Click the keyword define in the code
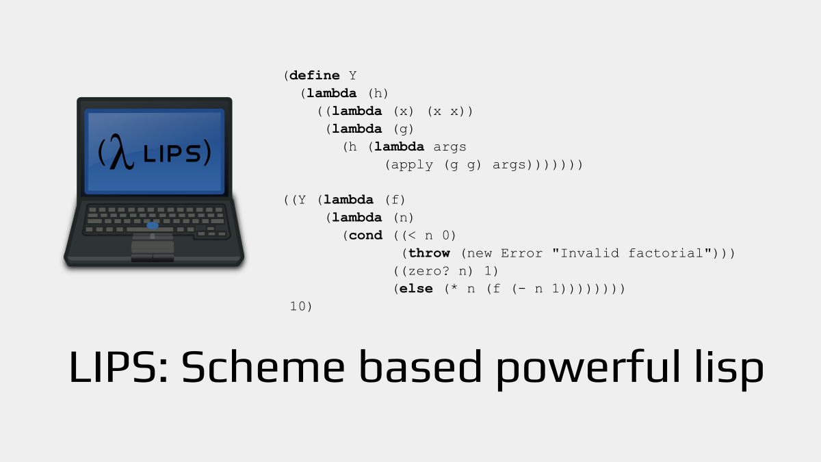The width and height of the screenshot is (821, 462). pos(315,75)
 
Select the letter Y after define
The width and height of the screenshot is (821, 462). pos(352,75)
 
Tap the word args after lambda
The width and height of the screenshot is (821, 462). pos(449,147)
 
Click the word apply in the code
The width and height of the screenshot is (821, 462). pos(412,165)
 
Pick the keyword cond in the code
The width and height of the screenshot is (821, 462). pos(365,235)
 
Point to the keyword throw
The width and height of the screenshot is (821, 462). pos(429,253)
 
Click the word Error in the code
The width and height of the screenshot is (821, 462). pos(521,253)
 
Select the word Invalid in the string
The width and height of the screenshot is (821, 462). pos(590,253)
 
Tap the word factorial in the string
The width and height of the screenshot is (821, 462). pos(666,253)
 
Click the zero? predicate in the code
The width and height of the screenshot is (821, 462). pos(428,271)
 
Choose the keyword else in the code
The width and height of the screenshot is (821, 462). pos(416,289)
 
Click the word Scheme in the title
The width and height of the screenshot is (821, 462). pos(263,366)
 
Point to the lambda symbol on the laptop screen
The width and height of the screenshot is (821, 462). pos(121,152)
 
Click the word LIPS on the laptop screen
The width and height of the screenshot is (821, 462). pos(172,153)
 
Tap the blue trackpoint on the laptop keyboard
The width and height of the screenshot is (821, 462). pos(153,225)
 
